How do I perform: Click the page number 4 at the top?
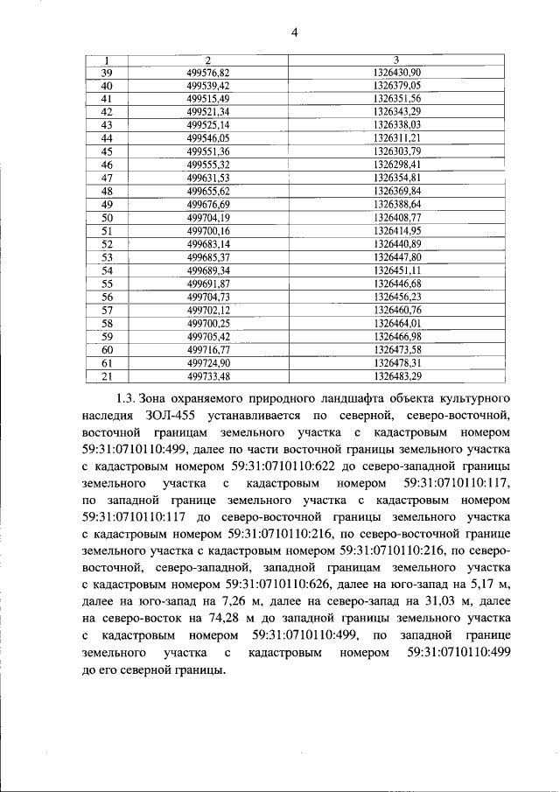[295, 33]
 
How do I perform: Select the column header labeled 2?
[207, 60]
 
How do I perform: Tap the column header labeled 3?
[395, 60]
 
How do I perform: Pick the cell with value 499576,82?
[207, 72]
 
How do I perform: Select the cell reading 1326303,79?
[395, 151]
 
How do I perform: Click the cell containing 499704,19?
[207, 218]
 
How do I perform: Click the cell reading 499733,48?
[207, 376]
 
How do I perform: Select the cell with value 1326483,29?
[395, 376]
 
